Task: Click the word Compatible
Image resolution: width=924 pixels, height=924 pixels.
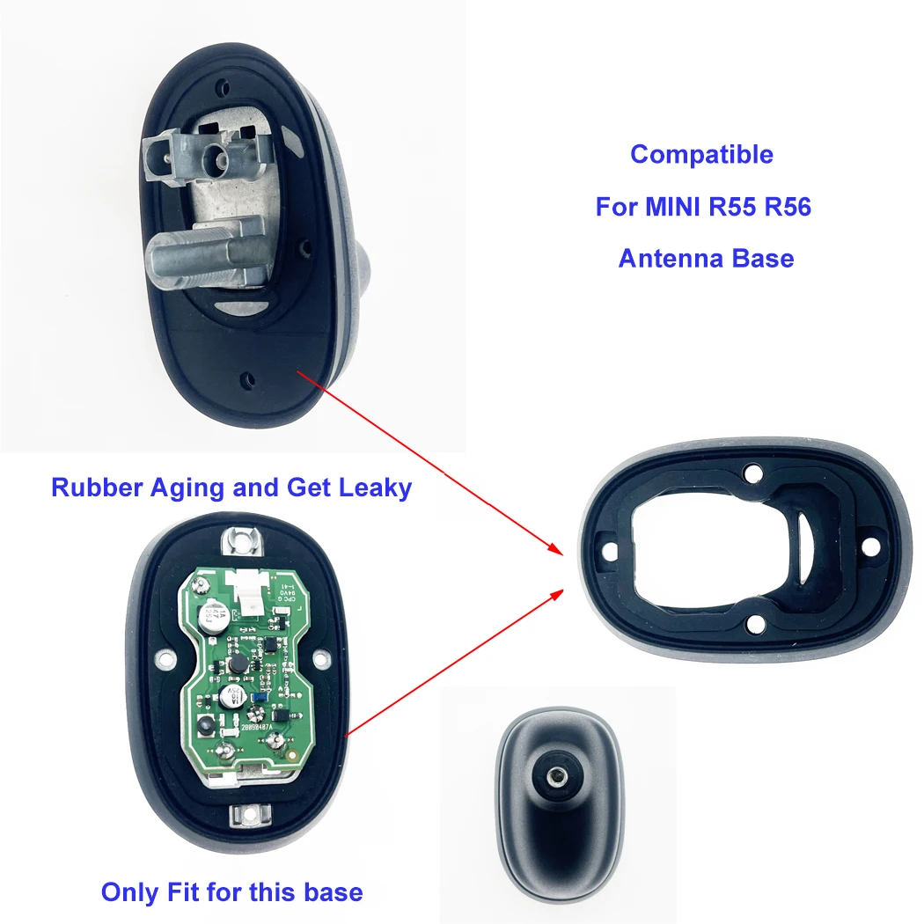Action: pos(701,155)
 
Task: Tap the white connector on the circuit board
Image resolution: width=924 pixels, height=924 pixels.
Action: pos(250,599)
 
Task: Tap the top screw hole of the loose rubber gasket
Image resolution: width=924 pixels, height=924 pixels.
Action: pos(752,473)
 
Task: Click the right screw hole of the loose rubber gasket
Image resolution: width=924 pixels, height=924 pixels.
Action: pos(871,546)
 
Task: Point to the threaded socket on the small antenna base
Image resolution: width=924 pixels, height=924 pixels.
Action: pos(557,777)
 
